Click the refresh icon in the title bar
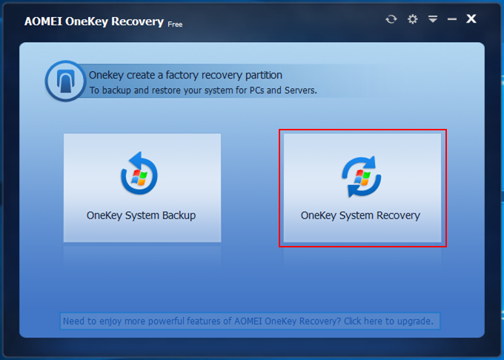[391, 19]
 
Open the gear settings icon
[412, 19]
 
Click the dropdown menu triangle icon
[433, 19]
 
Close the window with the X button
[471, 19]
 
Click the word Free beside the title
[175, 24]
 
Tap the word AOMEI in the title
[43, 21]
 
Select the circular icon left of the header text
[65, 81]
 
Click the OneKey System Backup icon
[139, 173]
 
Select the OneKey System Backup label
[141, 215]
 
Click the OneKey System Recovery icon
[361, 176]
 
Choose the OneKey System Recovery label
[360, 215]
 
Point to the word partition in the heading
[264, 75]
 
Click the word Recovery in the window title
[137, 21]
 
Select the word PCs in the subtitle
[257, 90]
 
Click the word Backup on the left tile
[179, 215]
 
